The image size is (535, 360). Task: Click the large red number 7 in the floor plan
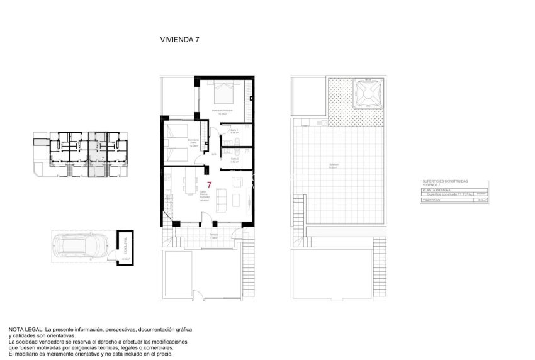(209, 184)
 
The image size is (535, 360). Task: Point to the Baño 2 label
(234, 160)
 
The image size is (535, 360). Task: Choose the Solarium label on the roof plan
(334, 167)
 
